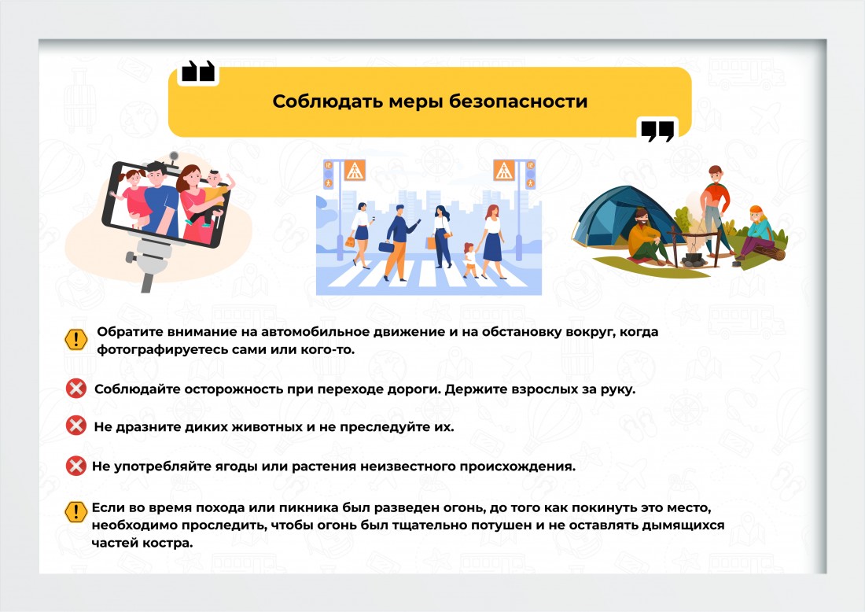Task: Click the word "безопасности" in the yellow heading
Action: pos(518,101)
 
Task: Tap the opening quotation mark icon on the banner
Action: pos(197,72)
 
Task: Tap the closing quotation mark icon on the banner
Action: pos(657,131)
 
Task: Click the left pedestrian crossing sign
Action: pos(354,170)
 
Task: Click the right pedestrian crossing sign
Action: pos(503,170)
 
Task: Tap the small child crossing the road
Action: pos(470,260)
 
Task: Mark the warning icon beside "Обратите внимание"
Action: pos(76,339)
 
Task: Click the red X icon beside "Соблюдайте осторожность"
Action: pos(76,389)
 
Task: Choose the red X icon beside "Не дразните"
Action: pos(76,426)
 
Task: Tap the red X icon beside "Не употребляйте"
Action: pos(76,466)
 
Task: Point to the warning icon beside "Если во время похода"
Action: pos(76,511)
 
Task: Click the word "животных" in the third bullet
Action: pos(263,427)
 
